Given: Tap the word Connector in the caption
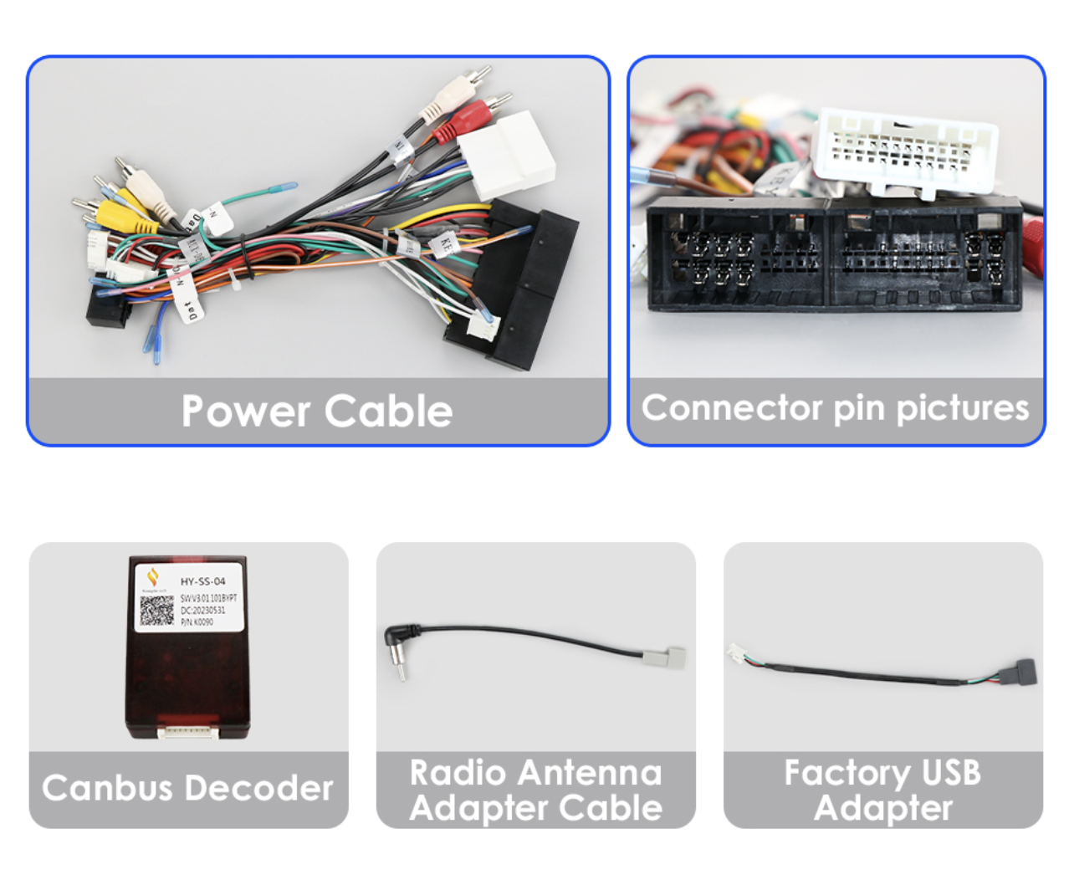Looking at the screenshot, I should (732, 408).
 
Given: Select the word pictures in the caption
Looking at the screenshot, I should (962, 408).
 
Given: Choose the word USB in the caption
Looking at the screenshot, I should (951, 773).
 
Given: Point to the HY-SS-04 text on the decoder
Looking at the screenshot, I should (202, 581).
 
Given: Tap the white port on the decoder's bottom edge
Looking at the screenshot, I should (188, 732).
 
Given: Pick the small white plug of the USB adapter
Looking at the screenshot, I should (738, 653).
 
